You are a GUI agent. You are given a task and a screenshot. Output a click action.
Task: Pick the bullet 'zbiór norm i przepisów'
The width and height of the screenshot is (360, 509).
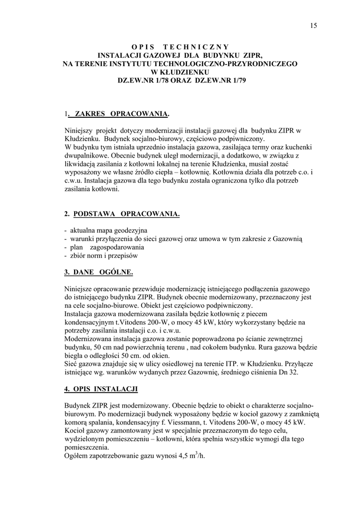click(x=103, y=256)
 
